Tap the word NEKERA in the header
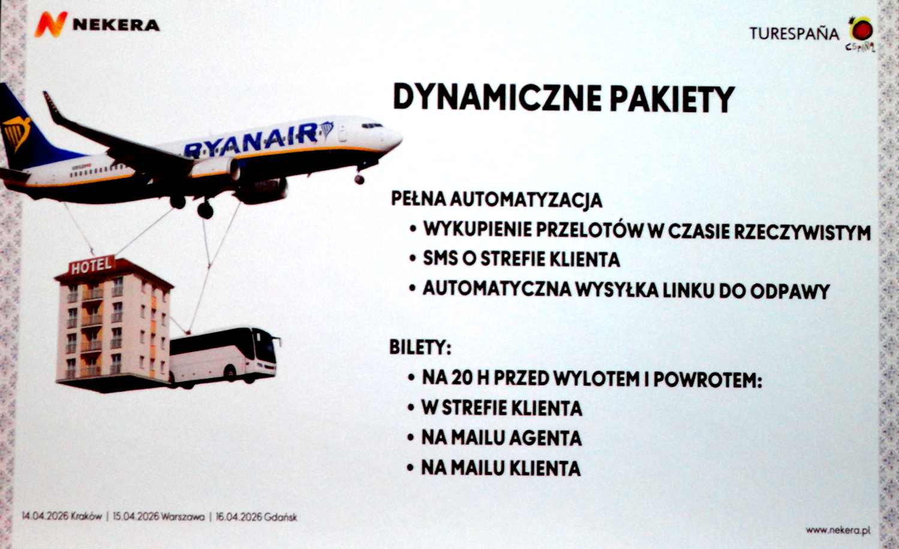(116, 25)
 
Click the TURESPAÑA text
(794, 34)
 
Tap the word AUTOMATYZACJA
(526, 200)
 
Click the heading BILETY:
(420, 347)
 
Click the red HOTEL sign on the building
(92, 265)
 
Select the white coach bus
(224, 357)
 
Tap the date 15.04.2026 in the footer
(135, 516)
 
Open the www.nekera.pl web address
(838, 530)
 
